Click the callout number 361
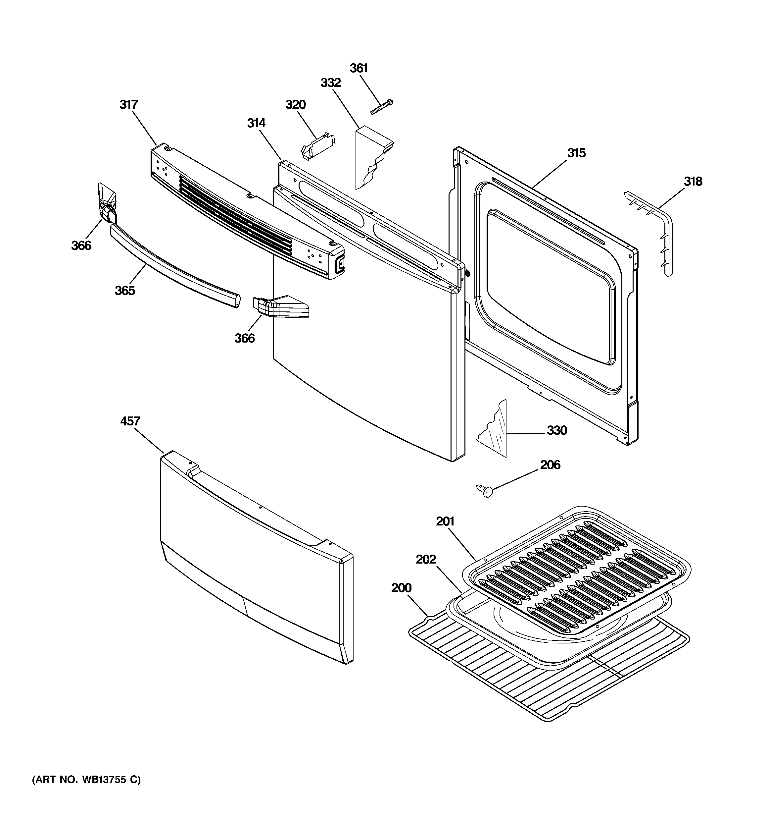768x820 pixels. pyautogui.click(x=359, y=68)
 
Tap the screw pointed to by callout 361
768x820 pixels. pyautogui.click(x=382, y=106)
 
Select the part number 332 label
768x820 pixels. pyautogui.click(x=331, y=83)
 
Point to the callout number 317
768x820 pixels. pyautogui.click(x=129, y=105)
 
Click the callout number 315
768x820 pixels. pyautogui.click(x=576, y=153)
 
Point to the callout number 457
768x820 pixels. pyautogui.click(x=130, y=421)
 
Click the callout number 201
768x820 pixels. pyautogui.click(x=445, y=521)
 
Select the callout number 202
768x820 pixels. pyautogui.click(x=426, y=559)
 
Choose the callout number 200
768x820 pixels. pyautogui.click(x=401, y=588)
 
